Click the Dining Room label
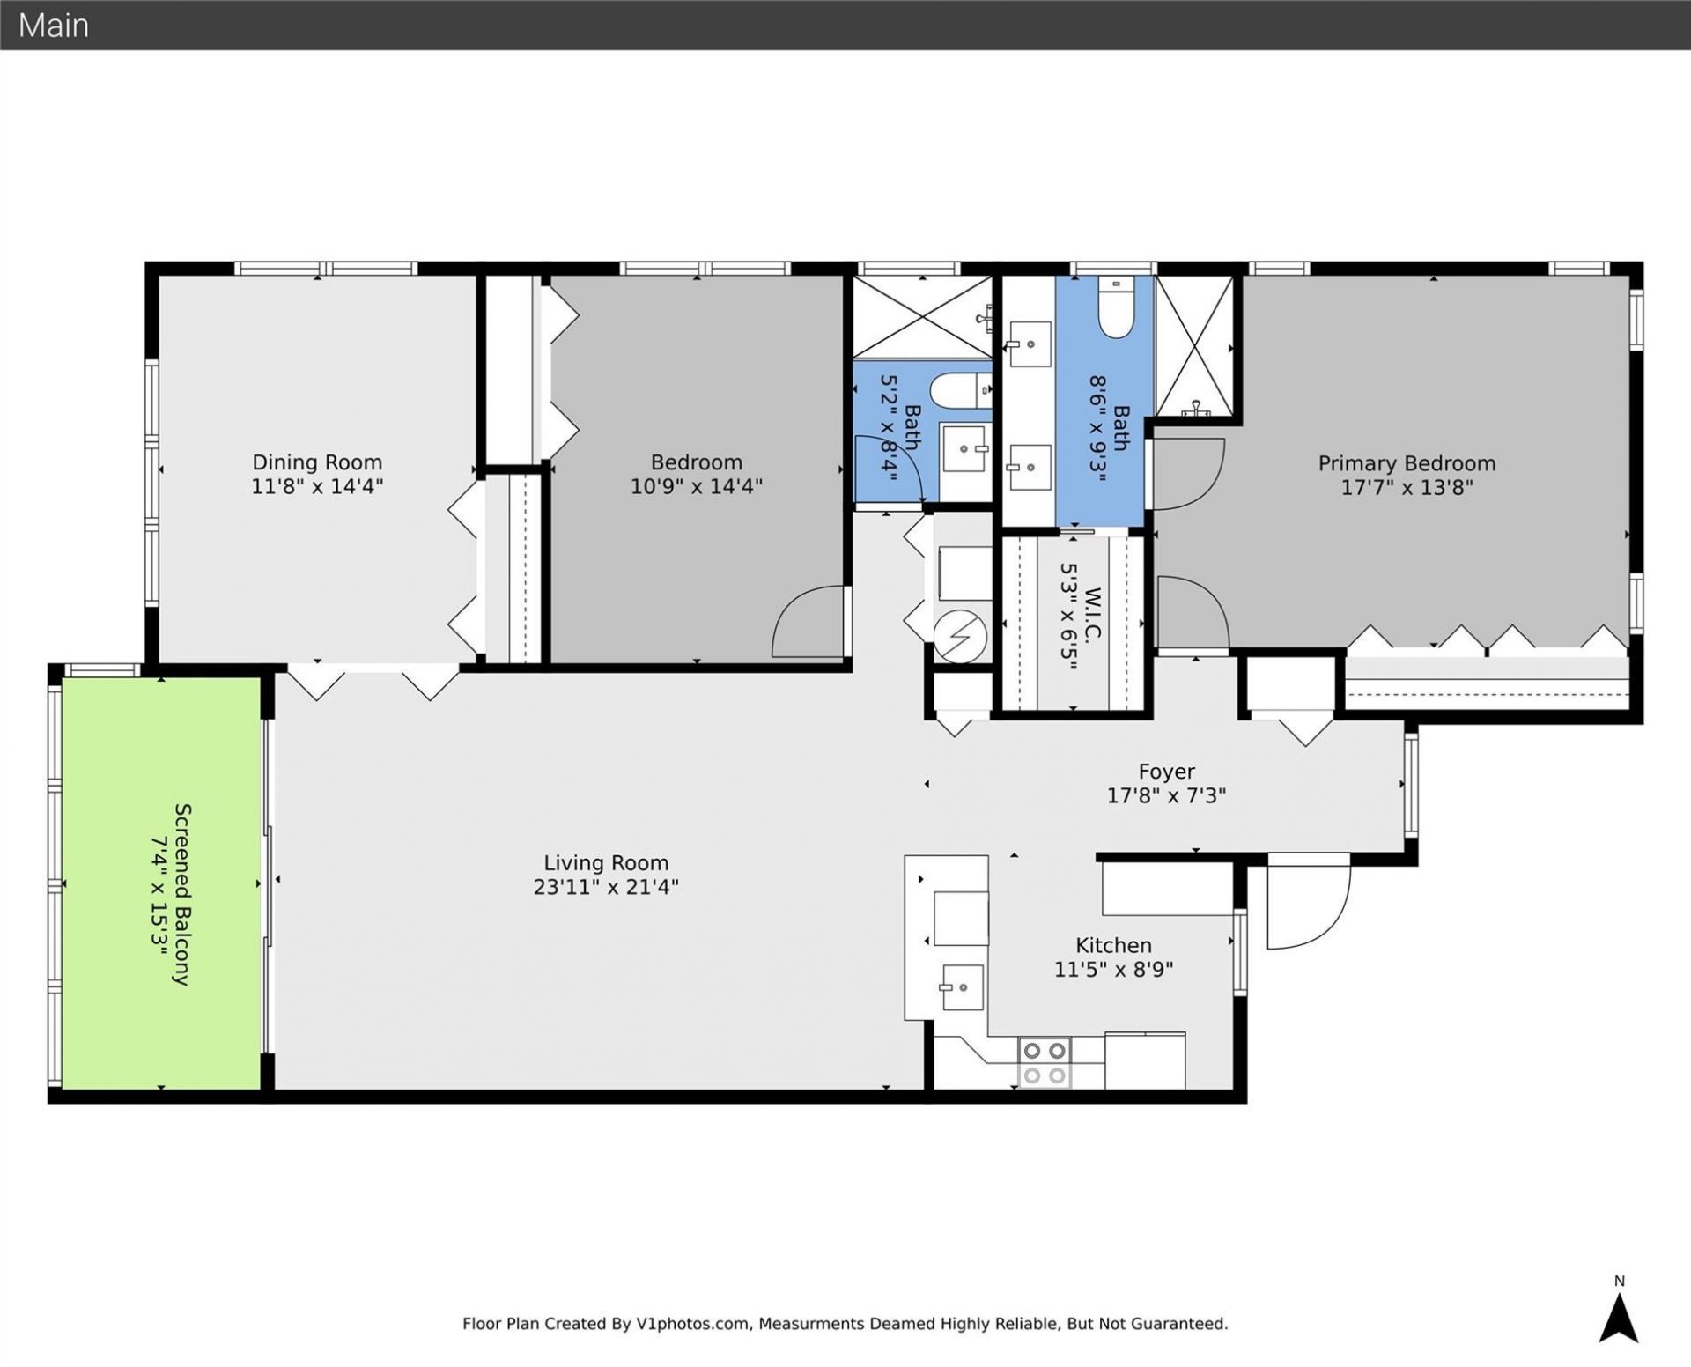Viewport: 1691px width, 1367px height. [x=317, y=462]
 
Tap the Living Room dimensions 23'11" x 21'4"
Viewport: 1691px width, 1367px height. [x=606, y=887]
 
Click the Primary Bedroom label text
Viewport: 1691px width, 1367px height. [x=1407, y=463]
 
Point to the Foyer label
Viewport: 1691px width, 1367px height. [x=1166, y=772]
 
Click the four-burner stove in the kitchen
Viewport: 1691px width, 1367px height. [x=1045, y=1062]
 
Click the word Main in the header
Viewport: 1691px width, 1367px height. [x=54, y=26]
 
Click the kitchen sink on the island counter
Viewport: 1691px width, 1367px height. [x=961, y=987]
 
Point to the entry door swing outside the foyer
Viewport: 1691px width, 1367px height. [x=1307, y=903]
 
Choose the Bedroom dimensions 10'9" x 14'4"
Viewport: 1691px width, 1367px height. [x=696, y=486]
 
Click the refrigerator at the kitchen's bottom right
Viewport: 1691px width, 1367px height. [x=1144, y=1060]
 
